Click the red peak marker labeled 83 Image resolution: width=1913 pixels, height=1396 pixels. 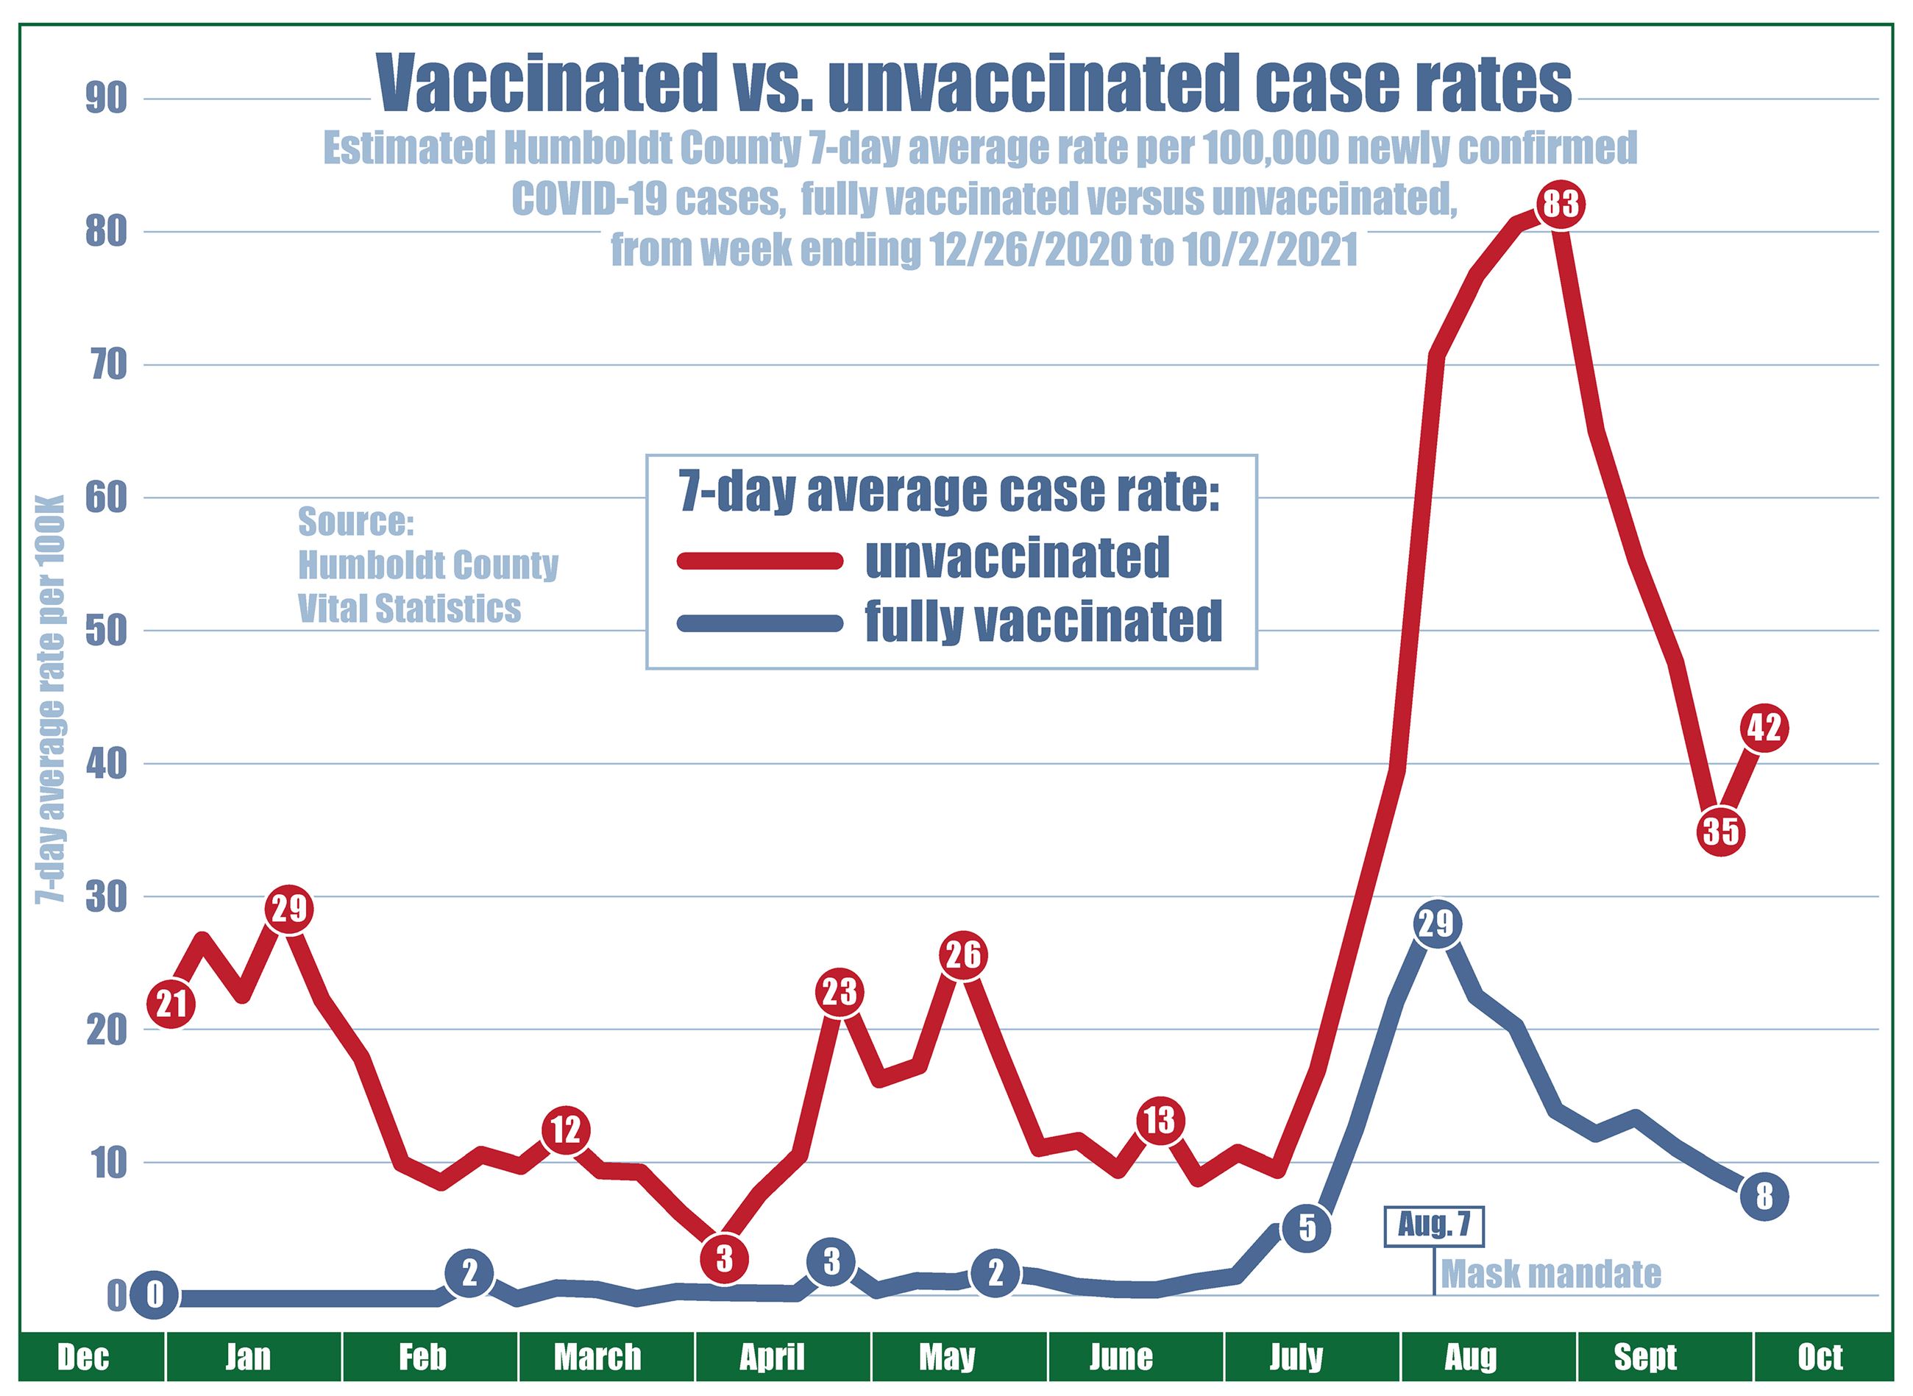coord(1560,205)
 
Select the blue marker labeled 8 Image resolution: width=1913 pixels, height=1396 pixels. coord(1764,1197)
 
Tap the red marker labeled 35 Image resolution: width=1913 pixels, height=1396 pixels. coord(1720,832)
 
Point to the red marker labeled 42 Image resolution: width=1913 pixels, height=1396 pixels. coord(1764,728)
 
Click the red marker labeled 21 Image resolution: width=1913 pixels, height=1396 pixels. coord(171,1004)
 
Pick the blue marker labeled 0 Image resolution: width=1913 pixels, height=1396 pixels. coord(155,1295)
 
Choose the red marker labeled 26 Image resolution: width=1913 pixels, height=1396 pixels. coord(962,955)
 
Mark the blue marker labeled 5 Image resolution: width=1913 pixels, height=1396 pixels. coord(1306,1227)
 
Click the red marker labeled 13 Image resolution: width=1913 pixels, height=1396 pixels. coord(1160,1121)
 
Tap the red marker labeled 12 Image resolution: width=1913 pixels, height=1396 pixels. coord(565,1130)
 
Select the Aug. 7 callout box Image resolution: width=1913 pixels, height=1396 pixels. coord(1433,1226)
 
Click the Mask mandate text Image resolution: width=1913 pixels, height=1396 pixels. coord(1550,1273)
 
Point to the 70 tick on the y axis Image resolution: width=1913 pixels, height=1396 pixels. coord(107,365)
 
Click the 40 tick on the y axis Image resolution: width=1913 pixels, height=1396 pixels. coord(107,764)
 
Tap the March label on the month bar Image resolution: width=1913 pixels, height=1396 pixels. coord(597,1358)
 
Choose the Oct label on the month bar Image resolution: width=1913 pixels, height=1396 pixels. coord(1820,1358)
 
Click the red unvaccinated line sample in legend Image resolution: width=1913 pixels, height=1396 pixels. coord(761,560)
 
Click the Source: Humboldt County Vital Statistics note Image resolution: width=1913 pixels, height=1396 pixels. coord(427,564)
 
